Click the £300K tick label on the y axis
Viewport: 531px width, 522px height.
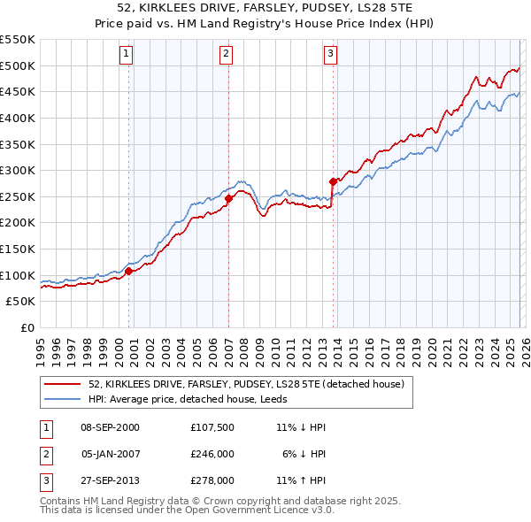(18, 170)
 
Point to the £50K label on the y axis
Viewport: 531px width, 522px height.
(20, 302)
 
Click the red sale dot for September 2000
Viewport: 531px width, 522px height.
(129, 272)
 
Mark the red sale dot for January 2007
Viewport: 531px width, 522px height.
(228, 198)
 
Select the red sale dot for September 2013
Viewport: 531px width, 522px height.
(333, 181)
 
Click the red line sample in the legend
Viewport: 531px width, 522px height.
(62, 385)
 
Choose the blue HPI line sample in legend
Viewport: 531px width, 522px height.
(62, 399)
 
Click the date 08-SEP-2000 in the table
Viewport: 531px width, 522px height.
(110, 427)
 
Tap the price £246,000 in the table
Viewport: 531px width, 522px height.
(212, 454)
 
